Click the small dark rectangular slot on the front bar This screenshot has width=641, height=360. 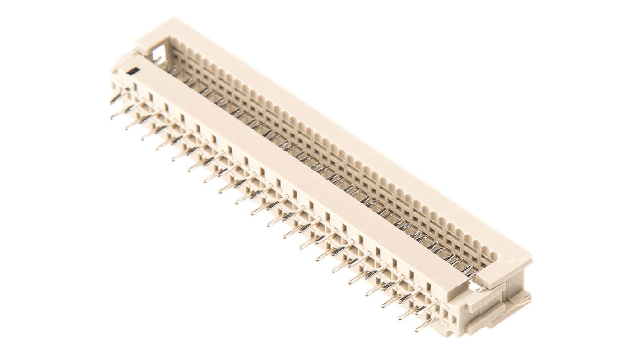tap(133, 70)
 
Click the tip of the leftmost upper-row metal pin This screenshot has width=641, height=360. tap(111, 102)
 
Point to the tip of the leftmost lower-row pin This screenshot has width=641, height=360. tap(112, 117)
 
